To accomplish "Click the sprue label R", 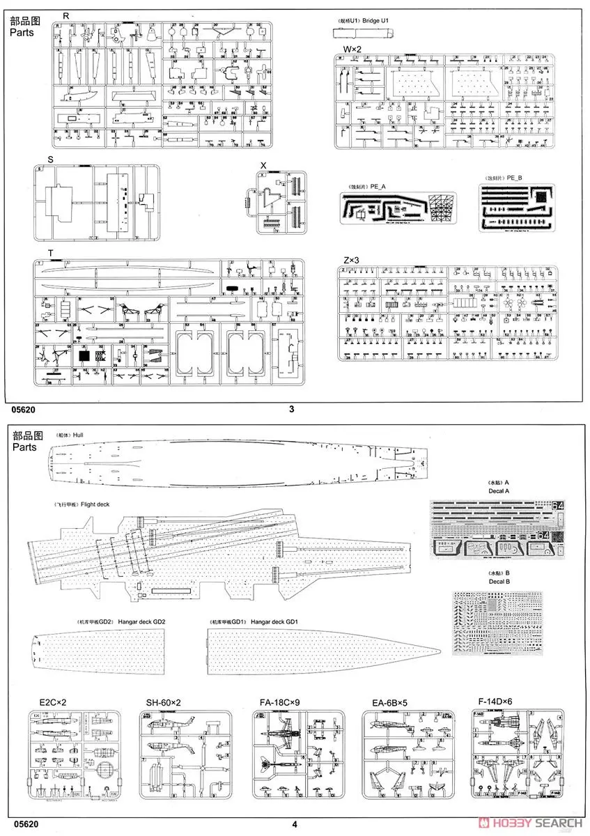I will pyautogui.click(x=66, y=15).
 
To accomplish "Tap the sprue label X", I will pyautogui.click(x=263, y=165).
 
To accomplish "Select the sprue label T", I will pyautogui.click(x=51, y=252).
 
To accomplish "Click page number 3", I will pyautogui.click(x=291, y=410).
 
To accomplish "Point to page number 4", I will pyautogui.click(x=295, y=825).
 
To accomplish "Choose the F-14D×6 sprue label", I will pyautogui.click(x=495, y=704).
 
